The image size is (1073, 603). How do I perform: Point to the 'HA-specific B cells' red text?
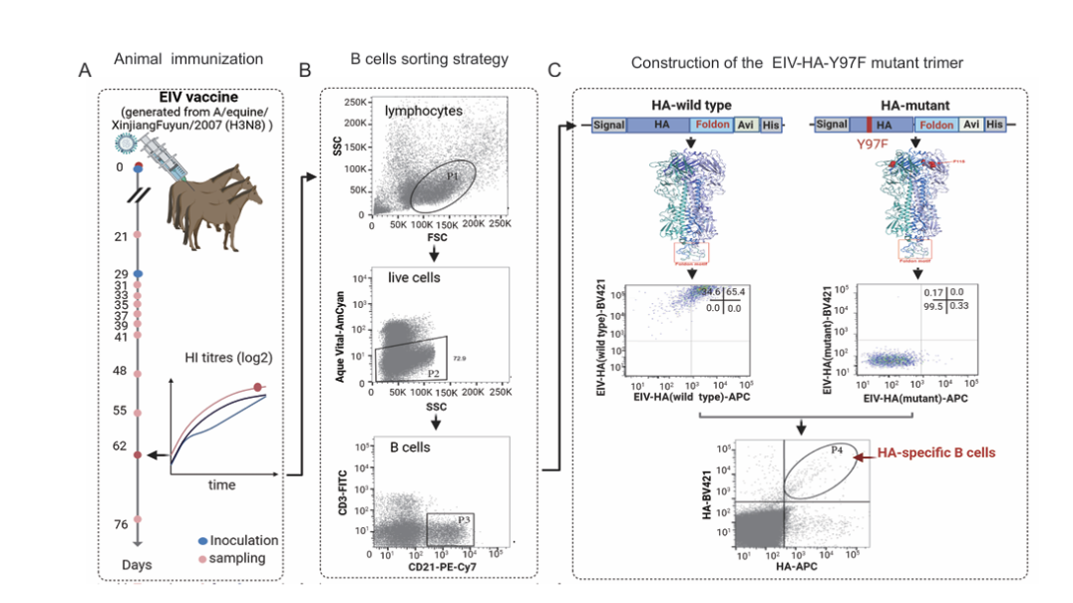(936, 452)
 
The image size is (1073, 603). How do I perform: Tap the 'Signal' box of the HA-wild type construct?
(608, 126)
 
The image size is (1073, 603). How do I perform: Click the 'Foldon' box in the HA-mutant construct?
(935, 125)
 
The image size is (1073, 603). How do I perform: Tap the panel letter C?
(554, 71)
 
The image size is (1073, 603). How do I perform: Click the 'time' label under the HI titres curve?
(221, 484)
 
